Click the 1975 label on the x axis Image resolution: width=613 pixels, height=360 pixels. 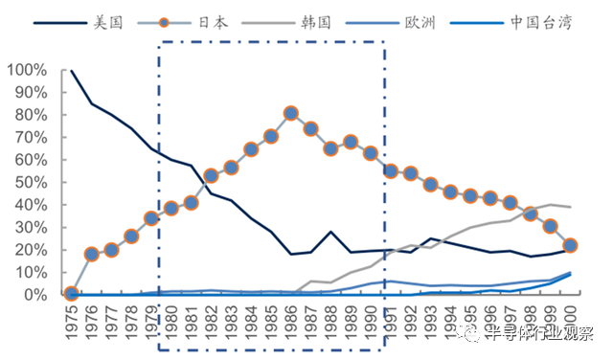click(x=71, y=322)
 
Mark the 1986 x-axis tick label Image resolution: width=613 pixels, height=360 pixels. click(x=290, y=322)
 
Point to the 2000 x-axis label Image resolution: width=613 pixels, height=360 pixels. click(x=570, y=322)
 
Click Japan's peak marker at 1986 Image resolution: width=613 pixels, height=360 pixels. click(x=290, y=114)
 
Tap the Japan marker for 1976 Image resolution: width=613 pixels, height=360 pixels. click(x=92, y=254)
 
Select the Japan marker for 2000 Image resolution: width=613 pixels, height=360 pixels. click(x=570, y=245)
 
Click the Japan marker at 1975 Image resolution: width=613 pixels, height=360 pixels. click(x=71, y=293)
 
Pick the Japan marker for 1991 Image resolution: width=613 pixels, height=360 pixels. click(x=390, y=170)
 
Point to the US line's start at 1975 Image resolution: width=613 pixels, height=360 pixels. click(x=72, y=71)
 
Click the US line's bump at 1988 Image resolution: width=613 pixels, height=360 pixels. click(x=330, y=232)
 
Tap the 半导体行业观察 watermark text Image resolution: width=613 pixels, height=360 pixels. click(x=542, y=334)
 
